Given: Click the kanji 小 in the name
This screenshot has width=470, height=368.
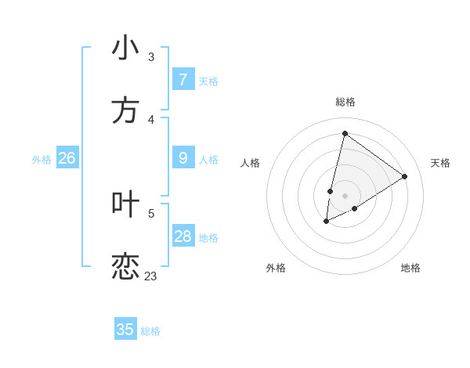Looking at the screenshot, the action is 125,49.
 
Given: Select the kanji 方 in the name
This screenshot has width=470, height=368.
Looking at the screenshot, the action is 125,110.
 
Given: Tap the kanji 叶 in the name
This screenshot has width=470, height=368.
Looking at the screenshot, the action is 125,204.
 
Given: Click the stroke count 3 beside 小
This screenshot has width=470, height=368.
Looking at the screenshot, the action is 151,57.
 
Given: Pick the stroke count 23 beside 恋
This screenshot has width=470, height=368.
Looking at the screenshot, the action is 150,276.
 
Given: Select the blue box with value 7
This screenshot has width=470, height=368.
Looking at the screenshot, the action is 183,80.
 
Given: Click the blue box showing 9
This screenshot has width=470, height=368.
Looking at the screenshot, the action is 183,158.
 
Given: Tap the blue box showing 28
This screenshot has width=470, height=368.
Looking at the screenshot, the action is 183,236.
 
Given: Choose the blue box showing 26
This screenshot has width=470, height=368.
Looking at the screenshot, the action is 67,158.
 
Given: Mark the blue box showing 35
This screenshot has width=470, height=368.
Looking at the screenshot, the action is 125,330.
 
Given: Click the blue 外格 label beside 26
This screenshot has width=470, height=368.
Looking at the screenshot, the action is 42,160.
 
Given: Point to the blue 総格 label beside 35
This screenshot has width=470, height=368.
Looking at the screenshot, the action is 150,331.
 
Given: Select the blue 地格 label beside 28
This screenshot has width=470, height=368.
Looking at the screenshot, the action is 208,238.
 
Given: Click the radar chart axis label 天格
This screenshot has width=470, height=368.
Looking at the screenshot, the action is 440,163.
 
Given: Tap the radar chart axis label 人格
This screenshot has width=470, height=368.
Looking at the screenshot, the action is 250,163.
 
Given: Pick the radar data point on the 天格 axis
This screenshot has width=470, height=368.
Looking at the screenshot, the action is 404,176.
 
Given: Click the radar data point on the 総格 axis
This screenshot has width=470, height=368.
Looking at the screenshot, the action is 345,134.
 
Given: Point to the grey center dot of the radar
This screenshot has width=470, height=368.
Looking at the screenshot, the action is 345,195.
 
